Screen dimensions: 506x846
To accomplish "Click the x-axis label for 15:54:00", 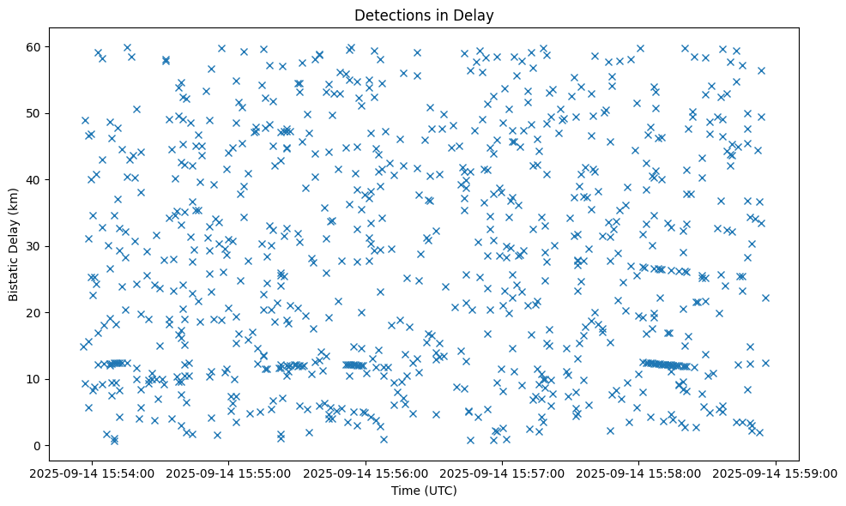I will [92, 473].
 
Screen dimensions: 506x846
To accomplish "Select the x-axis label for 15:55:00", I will [229, 473].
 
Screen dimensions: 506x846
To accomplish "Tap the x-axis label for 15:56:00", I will [366, 473].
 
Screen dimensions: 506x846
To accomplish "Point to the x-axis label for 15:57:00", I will [503, 473].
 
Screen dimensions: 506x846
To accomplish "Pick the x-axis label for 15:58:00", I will [639, 473].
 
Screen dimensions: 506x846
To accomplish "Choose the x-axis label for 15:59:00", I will [777, 473].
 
